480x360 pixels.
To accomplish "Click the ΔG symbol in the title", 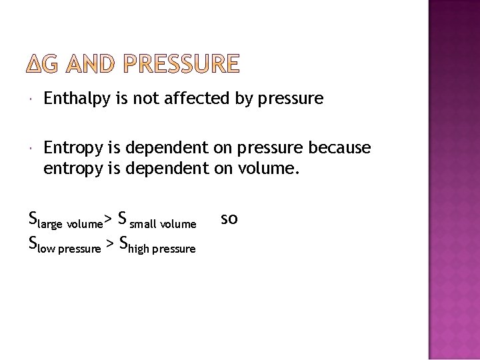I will (x=44, y=63).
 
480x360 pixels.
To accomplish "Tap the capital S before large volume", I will (x=33, y=218).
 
